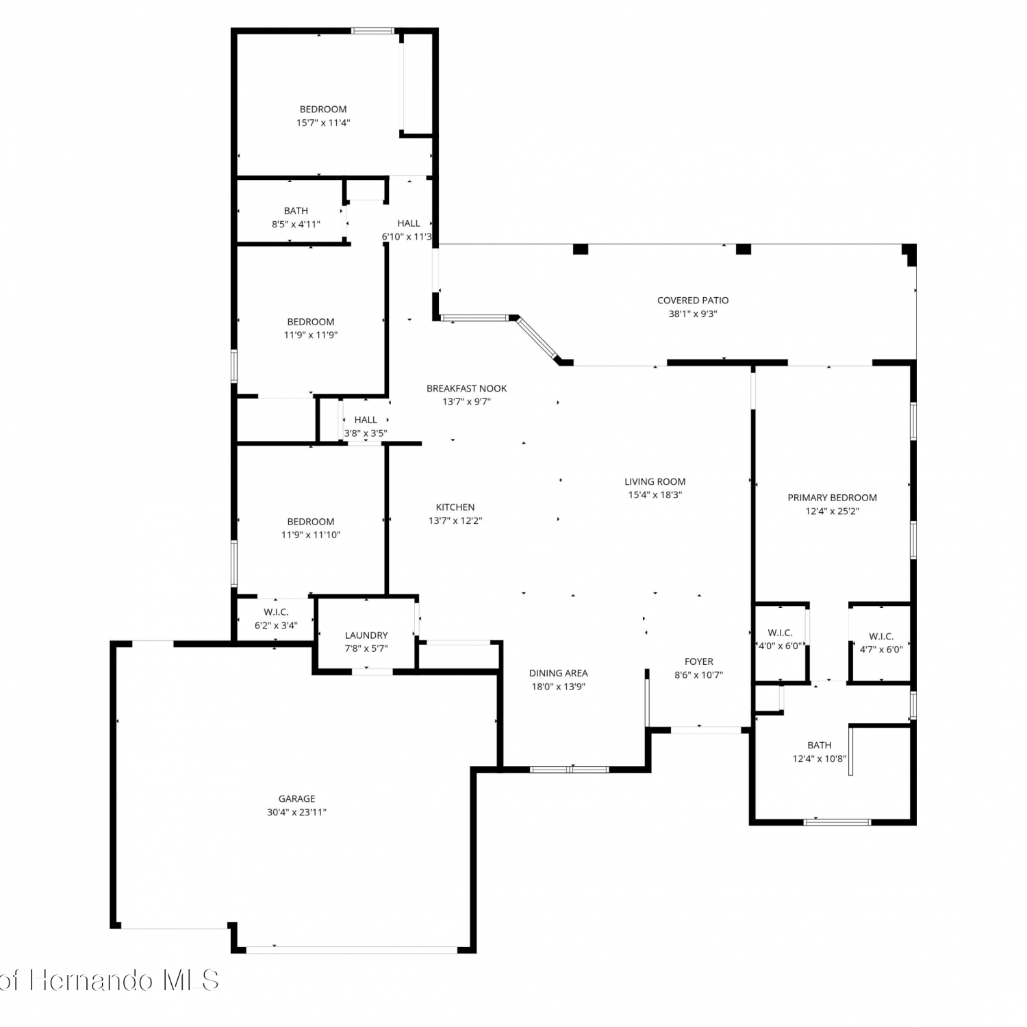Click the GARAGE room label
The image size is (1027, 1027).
[x=296, y=798]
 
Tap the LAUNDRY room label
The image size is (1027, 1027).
[x=366, y=635]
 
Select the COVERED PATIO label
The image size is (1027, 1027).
[x=693, y=300]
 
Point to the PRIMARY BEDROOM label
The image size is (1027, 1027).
[x=832, y=498]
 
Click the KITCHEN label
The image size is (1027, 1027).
[x=455, y=507]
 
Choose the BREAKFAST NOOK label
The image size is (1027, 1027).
[x=467, y=388]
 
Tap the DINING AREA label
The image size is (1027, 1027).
[x=559, y=673]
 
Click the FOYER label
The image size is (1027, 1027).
[x=699, y=661]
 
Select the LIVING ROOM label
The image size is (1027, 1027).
[x=655, y=481]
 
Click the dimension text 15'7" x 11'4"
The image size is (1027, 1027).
[x=323, y=123]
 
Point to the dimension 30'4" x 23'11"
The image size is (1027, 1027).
[x=296, y=812]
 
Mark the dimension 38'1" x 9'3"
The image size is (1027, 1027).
[x=693, y=314]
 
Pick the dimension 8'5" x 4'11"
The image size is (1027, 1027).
[x=296, y=224]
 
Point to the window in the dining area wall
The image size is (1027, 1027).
[x=570, y=769]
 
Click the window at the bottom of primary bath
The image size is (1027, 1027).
[x=837, y=821]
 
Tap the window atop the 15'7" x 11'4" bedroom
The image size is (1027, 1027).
[x=373, y=31]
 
